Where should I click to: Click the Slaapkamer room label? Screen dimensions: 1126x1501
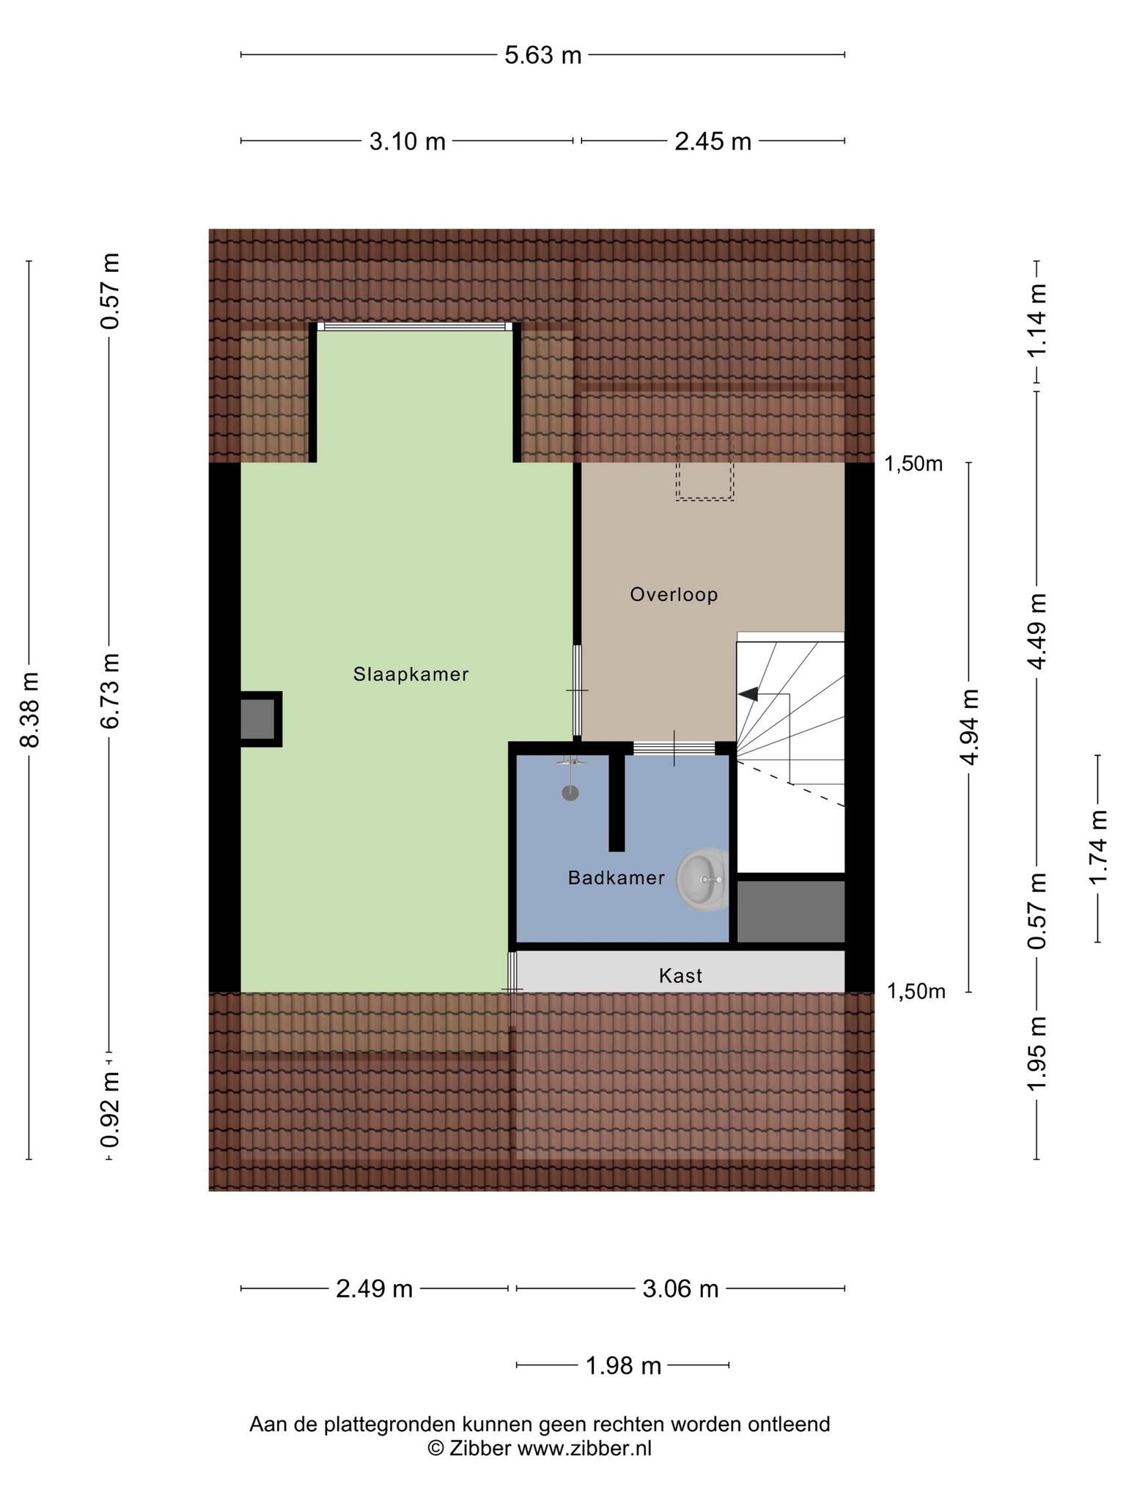tap(411, 674)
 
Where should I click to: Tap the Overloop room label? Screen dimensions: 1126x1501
tap(674, 594)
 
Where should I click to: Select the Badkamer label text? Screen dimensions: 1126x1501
tap(616, 877)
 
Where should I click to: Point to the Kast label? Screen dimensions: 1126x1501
tap(680, 976)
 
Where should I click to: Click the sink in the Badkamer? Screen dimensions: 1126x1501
tap(702, 880)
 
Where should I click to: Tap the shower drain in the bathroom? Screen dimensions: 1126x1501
tap(570, 792)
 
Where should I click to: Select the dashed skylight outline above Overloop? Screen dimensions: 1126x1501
tap(704, 468)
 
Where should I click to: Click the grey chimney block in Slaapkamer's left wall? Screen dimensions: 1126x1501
tap(257, 719)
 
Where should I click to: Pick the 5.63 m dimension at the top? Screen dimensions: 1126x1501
tap(542, 55)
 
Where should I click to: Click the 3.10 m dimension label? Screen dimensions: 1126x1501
tap(408, 141)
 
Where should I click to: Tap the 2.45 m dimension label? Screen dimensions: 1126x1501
tap(713, 141)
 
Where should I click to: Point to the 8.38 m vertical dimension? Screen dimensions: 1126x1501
tap(29, 709)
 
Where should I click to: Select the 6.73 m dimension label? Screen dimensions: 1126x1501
tap(110, 691)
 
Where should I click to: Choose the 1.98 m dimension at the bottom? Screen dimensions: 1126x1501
tap(623, 1365)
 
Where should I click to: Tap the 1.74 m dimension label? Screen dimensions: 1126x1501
tap(1097, 848)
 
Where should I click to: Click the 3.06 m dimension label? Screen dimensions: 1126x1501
tap(680, 1288)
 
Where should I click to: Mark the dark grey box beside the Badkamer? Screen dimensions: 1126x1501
tap(791, 911)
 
